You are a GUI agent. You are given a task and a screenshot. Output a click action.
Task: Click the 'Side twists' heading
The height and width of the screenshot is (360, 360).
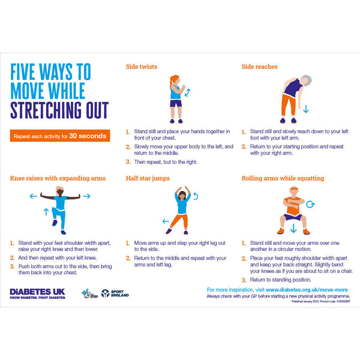point(142,67)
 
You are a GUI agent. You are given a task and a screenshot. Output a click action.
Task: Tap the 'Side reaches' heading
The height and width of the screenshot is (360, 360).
point(259,67)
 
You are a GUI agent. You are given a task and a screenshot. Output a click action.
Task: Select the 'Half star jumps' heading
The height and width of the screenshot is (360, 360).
point(148,178)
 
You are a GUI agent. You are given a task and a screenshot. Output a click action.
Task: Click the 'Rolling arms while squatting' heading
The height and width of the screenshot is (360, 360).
point(283,178)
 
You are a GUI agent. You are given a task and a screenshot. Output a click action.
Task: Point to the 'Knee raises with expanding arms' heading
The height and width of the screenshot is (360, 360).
point(58,178)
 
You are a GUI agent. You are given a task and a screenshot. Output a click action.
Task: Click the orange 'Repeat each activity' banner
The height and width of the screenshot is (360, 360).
point(60,136)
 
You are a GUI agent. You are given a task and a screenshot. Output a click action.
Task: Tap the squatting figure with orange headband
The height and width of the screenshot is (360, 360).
point(293,211)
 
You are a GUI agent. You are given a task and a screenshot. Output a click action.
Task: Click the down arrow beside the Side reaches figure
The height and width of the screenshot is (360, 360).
point(305,109)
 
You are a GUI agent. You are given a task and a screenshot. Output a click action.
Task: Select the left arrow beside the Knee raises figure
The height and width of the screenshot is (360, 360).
point(34,196)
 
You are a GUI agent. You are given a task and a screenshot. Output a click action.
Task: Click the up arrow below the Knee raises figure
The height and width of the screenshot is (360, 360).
point(46,212)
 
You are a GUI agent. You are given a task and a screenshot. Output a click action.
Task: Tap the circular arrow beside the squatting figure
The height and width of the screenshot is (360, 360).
point(310,204)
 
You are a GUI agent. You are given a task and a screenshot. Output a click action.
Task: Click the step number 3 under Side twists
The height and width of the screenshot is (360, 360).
point(128,162)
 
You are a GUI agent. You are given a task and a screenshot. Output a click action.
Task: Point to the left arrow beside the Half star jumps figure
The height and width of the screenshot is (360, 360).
point(166,221)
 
